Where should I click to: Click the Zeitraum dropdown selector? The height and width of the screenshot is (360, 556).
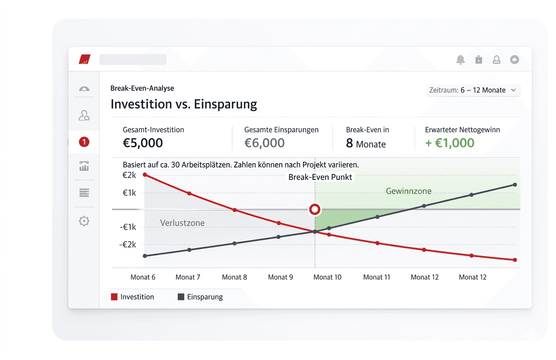click(473, 90)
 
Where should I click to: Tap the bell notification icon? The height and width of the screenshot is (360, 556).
click(460, 60)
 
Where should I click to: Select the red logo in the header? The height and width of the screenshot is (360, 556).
click(84, 59)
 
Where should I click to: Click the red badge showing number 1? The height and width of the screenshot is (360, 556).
click(84, 141)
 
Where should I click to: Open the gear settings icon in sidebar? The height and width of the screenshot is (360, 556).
click(84, 221)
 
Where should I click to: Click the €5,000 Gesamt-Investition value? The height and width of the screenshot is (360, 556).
click(143, 143)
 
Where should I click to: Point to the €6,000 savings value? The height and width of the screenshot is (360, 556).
click(264, 143)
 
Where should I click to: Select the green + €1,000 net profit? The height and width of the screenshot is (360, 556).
click(450, 143)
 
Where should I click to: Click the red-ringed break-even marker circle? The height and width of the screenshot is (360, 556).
click(315, 210)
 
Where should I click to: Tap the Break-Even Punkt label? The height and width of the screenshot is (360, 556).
click(320, 177)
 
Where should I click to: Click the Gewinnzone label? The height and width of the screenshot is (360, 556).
click(409, 191)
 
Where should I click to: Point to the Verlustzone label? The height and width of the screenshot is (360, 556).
click(182, 223)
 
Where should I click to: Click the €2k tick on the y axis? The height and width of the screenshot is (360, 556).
click(129, 175)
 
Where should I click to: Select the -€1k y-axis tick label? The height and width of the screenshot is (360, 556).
click(128, 227)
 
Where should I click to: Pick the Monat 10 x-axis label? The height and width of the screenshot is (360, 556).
click(327, 277)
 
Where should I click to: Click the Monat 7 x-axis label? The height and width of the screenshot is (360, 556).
click(188, 277)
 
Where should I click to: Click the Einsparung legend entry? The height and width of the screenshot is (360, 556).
click(200, 297)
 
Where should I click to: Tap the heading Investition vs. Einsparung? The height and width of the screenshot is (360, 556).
click(184, 104)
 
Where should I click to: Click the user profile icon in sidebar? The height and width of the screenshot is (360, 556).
click(84, 116)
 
